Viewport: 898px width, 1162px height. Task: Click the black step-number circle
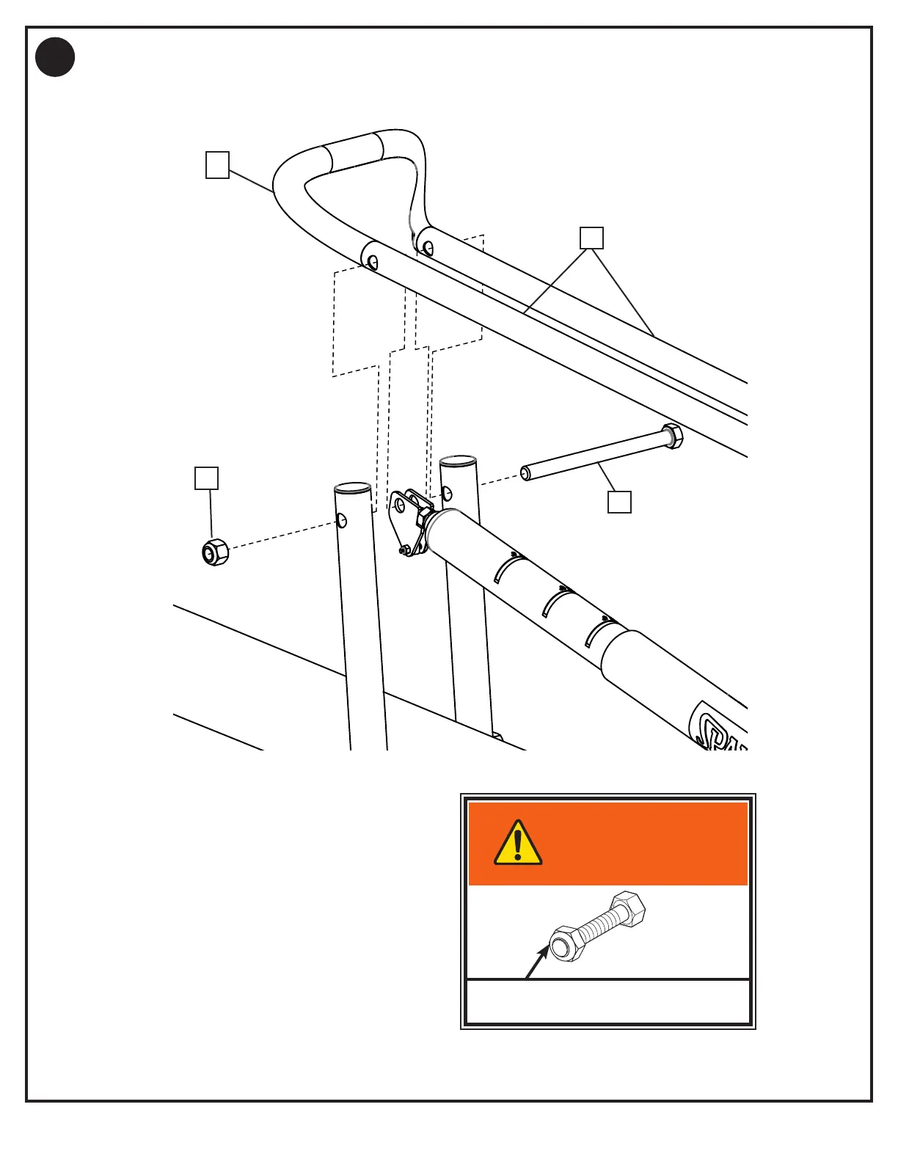coord(55,57)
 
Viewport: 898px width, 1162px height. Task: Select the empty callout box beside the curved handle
coord(217,165)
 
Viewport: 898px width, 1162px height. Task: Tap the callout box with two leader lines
coord(591,238)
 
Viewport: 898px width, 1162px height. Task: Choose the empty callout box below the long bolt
coord(619,502)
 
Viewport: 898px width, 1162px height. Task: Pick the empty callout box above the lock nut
coord(206,478)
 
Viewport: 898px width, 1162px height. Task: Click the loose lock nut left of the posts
coord(215,552)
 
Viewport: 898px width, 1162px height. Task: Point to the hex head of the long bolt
coord(672,436)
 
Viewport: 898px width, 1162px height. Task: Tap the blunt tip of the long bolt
coord(526,473)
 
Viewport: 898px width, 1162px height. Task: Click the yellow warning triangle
coord(518,844)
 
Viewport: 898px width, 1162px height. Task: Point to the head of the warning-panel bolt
coord(628,909)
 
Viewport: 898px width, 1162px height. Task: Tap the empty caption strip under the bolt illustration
coord(608,1001)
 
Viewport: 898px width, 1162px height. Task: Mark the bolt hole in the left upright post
coord(341,521)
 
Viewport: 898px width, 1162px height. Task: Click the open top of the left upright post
coord(352,488)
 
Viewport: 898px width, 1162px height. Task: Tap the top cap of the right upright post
coord(458,461)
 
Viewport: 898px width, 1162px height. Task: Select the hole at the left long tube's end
coord(373,262)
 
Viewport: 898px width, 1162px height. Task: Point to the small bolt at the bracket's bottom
coord(403,549)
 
